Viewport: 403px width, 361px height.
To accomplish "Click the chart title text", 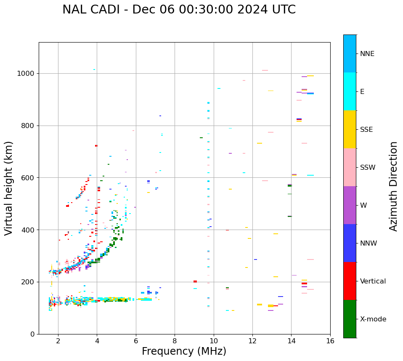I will pyautogui.click(x=179, y=10).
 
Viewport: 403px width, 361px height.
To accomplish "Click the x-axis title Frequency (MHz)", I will pyautogui.click(x=184, y=351).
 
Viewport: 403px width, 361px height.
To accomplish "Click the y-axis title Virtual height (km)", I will pyautogui.click(x=9, y=188).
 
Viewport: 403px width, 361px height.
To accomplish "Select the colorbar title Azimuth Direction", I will pyautogui.click(x=393, y=186).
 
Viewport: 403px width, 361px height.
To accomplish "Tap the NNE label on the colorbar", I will pyautogui.click(x=367, y=54).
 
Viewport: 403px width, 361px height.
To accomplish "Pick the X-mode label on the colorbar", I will pyautogui.click(x=373, y=319).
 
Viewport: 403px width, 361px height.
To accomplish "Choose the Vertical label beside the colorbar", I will pyautogui.click(x=373, y=281).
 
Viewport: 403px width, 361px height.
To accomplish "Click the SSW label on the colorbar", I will pyautogui.click(x=368, y=168).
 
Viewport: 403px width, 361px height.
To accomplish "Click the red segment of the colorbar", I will pyautogui.click(x=350, y=281).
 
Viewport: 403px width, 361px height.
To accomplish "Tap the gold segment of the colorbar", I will pyautogui.click(x=350, y=129).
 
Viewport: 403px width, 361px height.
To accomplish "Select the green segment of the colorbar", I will pyautogui.click(x=350, y=319).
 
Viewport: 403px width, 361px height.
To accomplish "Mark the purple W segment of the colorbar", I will pyautogui.click(x=350, y=205).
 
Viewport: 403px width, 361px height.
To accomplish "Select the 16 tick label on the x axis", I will pyautogui.click(x=330, y=341).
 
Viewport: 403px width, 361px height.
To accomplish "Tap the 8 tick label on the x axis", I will pyautogui.click(x=175, y=341).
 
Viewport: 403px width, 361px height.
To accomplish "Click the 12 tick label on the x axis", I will pyautogui.click(x=252, y=341).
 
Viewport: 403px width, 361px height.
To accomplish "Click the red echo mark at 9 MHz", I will pyautogui.click(x=195, y=281).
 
